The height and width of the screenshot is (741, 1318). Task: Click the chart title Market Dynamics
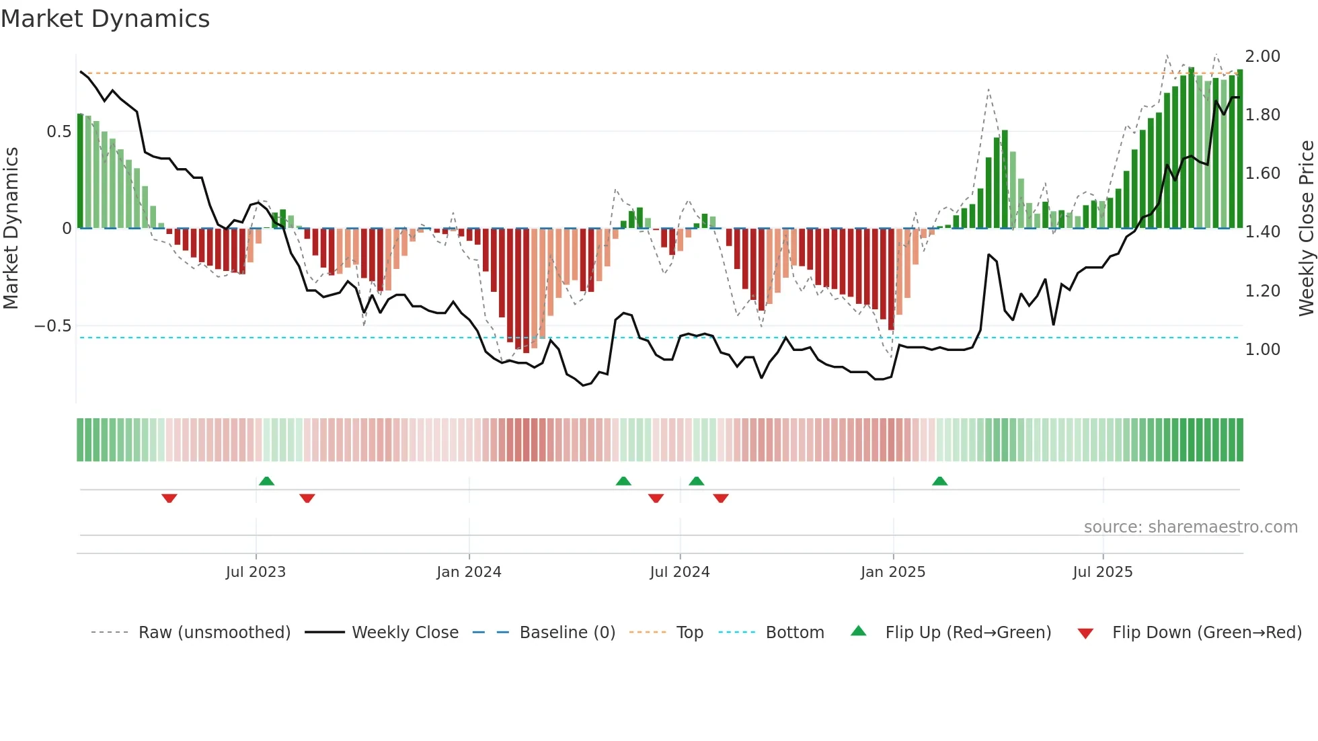point(105,19)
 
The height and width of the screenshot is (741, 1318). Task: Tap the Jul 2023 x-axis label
point(256,572)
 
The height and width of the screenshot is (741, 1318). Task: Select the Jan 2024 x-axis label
point(469,572)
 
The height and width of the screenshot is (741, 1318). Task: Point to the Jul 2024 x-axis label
point(680,572)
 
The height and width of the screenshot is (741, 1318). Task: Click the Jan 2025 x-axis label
point(893,572)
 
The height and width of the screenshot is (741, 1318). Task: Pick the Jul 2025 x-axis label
point(1103,572)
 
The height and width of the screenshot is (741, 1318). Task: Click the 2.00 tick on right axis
point(1262,56)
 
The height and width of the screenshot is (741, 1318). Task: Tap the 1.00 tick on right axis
point(1262,350)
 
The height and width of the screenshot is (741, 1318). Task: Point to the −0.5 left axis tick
point(52,326)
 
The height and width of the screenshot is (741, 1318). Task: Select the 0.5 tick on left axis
point(59,132)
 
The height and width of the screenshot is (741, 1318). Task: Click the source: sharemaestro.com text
point(1190,527)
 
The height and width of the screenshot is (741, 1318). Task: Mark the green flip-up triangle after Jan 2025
point(939,481)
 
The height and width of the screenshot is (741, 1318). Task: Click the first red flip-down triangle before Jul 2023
point(169,498)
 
